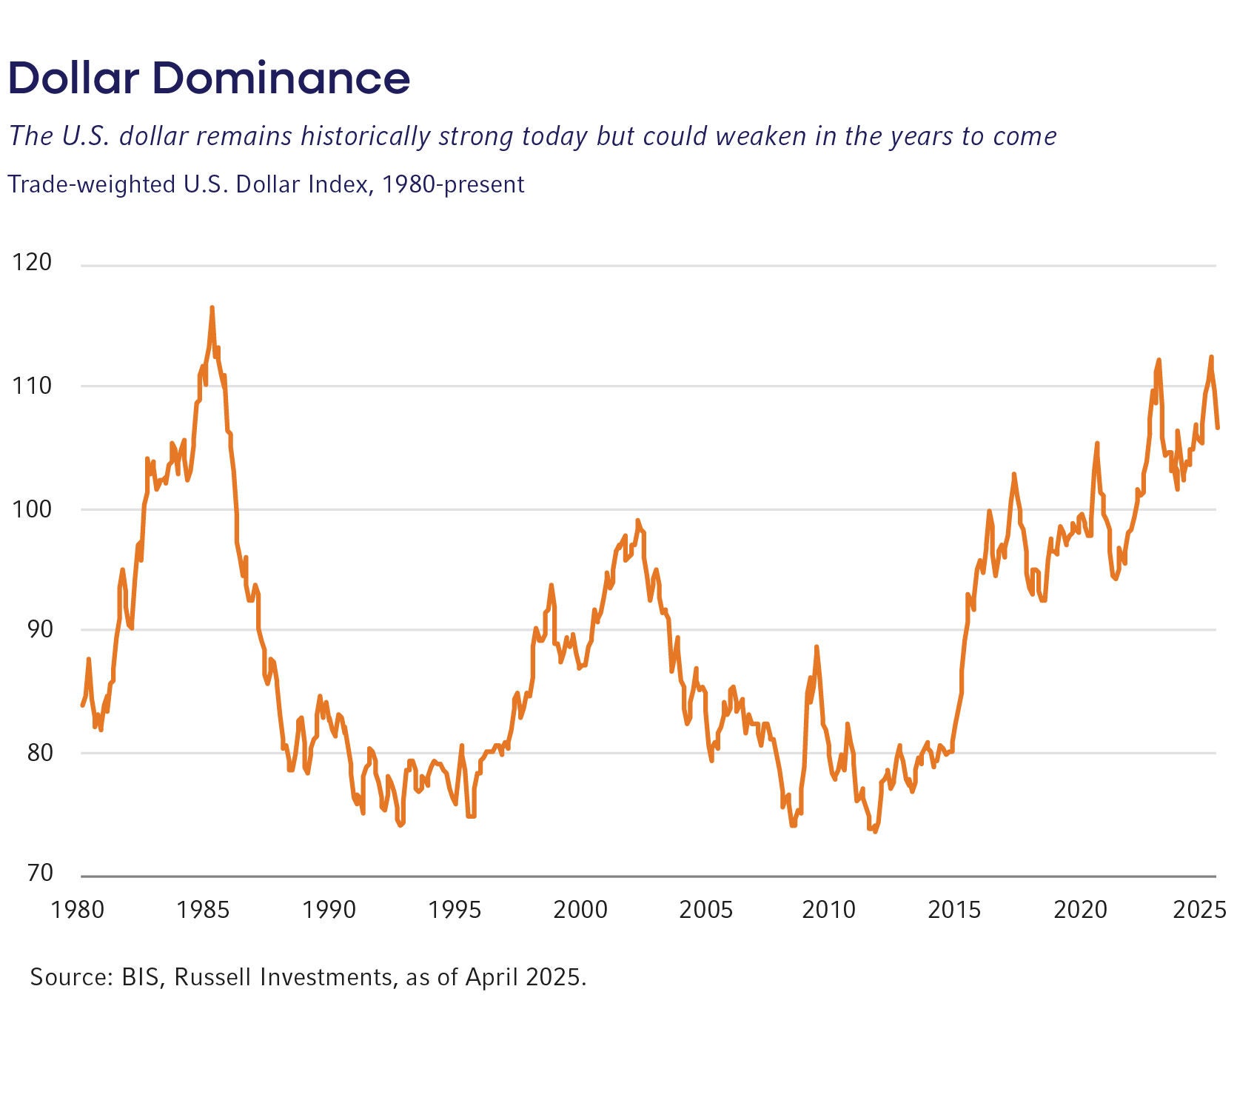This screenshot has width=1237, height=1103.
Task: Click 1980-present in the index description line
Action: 452,184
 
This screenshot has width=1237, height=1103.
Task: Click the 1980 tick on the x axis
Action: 77,909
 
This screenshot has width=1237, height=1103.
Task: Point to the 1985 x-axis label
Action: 202,909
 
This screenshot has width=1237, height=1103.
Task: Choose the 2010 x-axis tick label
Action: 828,909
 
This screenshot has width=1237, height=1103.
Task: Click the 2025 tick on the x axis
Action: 1199,909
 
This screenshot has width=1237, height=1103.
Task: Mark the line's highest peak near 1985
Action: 212,307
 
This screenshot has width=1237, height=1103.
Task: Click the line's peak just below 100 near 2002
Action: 637,520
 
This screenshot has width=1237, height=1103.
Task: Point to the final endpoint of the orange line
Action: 1218,427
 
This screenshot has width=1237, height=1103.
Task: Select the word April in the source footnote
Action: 492,978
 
